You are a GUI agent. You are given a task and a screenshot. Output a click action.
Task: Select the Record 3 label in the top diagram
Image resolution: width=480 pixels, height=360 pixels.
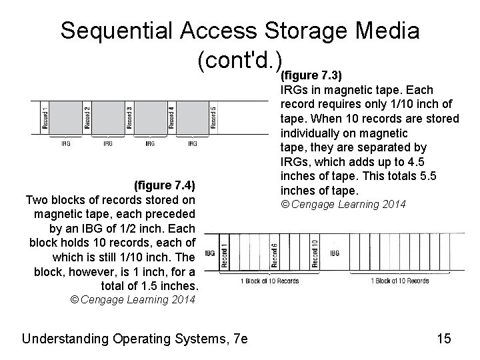tap(129, 117)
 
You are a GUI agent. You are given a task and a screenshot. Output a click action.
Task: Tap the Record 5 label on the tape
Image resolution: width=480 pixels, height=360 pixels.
tap(213, 117)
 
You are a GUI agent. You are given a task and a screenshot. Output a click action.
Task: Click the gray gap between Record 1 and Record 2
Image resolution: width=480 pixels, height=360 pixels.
tap(66, 117)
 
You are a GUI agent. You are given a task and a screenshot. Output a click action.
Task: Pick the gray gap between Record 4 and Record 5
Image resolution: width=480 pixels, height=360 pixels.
tap(192, 117)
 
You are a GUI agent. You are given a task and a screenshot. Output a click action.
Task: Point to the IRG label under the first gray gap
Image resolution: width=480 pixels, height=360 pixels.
tap(66, 143)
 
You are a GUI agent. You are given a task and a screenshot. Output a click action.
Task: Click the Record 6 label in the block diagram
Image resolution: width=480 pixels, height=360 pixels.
tap(275, 254)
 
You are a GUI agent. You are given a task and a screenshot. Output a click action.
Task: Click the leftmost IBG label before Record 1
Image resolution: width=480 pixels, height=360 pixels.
tap(209, 253)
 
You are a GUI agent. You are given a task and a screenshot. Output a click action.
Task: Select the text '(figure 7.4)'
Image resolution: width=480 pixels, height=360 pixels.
tap(163, 185)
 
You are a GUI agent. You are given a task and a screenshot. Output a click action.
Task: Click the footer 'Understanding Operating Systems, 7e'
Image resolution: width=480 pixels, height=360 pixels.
tap(135, 339)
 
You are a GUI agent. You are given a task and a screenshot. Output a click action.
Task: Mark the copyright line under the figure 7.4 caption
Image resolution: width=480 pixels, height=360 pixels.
tap(133, 299)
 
